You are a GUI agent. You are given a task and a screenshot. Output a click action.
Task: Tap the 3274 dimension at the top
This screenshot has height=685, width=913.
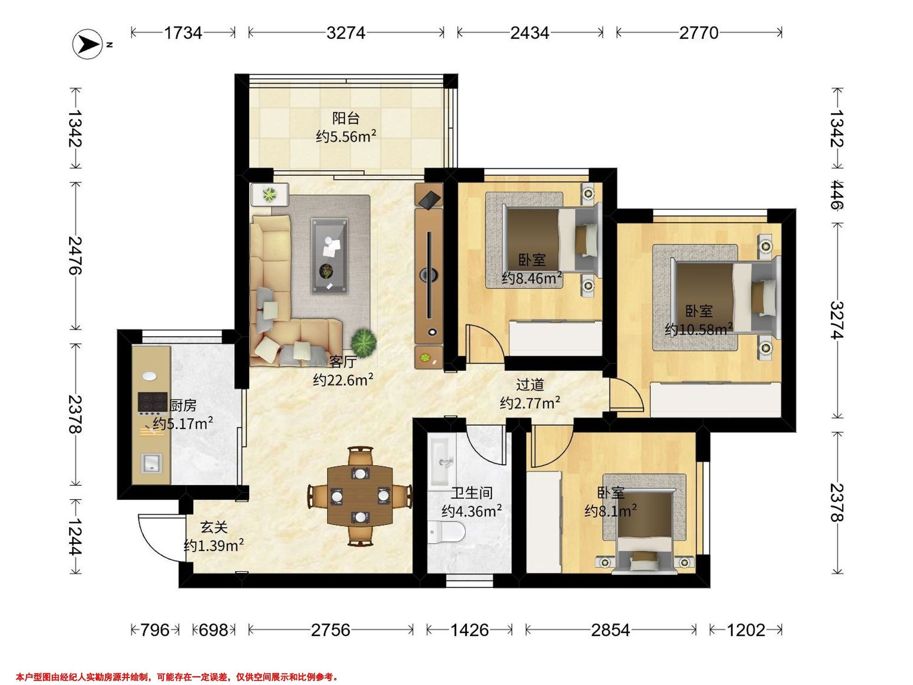(x=346, y=33)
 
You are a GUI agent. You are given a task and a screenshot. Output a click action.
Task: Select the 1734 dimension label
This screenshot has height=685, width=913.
(x=183, y=33)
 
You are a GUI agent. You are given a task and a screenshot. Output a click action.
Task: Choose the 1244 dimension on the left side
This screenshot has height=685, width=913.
(x=75, y=537)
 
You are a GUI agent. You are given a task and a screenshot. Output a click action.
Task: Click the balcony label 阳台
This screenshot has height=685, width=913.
(x=346, y=118)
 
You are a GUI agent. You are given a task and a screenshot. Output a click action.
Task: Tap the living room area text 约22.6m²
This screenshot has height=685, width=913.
(x=344, y=379)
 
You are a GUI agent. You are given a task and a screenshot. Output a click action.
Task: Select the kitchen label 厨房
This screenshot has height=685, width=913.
(x=183, y=405)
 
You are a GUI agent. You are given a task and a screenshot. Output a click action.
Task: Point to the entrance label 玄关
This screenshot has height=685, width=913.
(x=214, y=527)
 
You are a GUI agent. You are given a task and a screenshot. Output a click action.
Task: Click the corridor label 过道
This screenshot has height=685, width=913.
(x=530, y=385)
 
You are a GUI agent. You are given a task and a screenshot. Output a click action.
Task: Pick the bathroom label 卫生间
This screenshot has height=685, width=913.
(x=471, y=493)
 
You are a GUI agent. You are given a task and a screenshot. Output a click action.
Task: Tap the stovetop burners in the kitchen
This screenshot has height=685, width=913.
(x=152, y=403)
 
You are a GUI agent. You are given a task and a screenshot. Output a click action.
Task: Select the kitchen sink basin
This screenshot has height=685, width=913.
(x=152, y=463)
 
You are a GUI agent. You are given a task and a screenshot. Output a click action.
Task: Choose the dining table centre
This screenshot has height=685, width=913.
(x=360, y=495)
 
